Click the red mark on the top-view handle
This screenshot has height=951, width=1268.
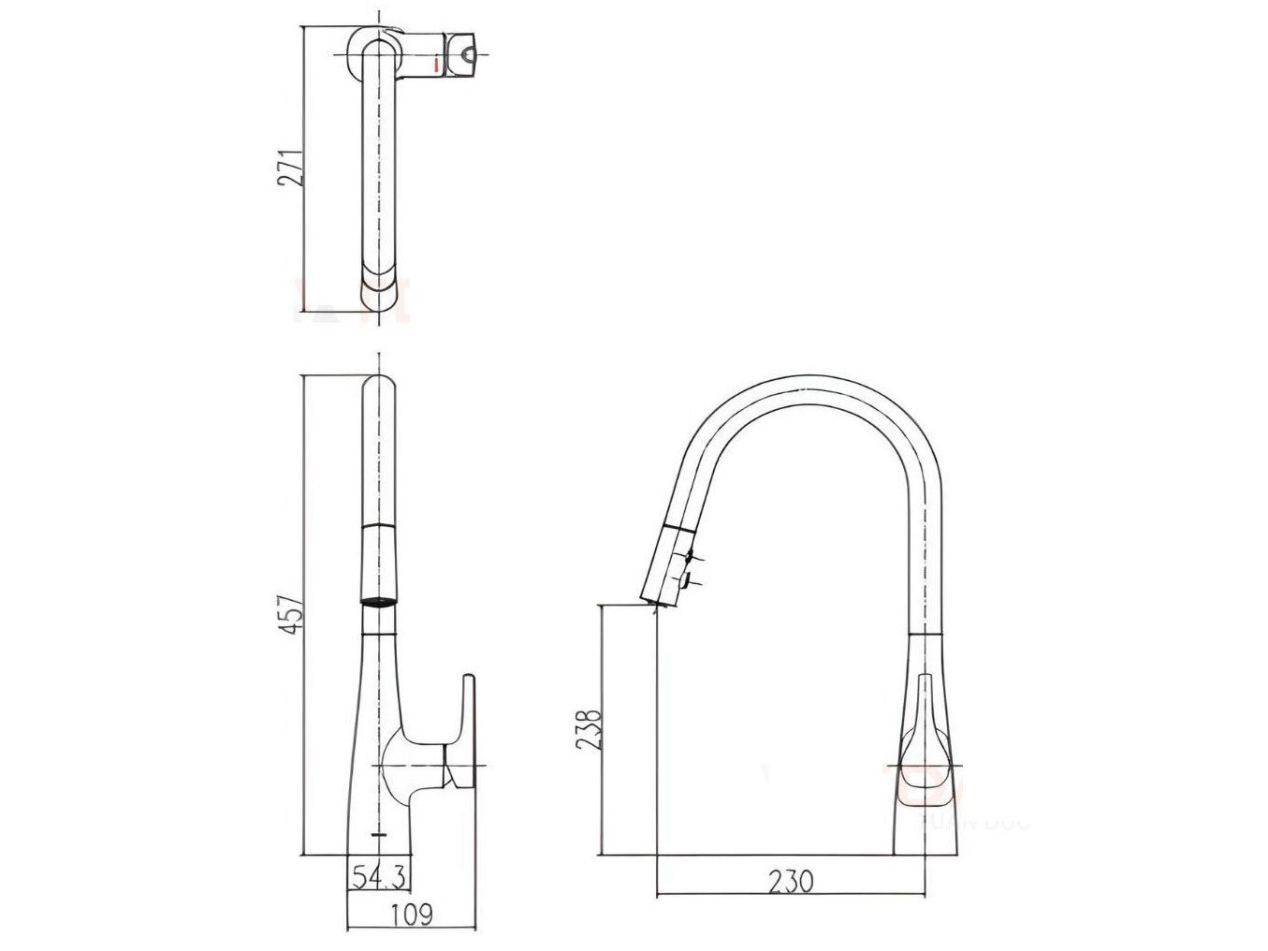[x=436, y=64]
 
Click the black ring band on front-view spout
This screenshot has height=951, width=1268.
[x=378, y=602]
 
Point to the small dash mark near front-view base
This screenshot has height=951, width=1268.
[x=378, y=832]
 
